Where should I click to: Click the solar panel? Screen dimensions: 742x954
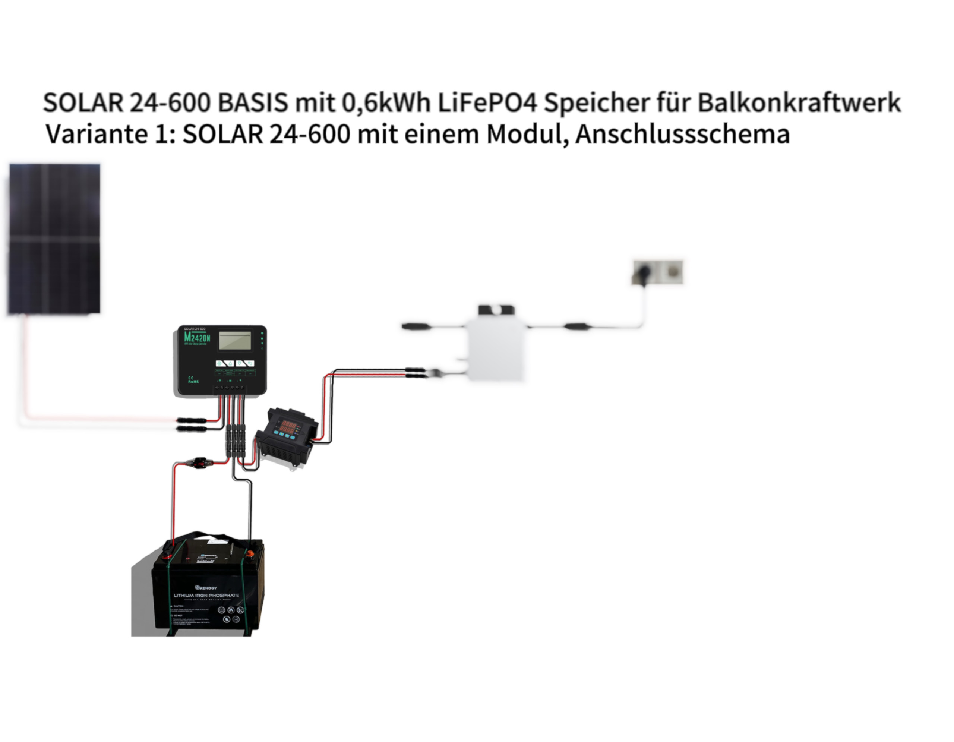pyautogui.click(x=54, y=239)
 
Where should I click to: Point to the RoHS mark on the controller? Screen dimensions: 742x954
pyautogui.click(x=193, y=381)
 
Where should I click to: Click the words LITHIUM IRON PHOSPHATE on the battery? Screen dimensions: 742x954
pyautogui.click(x=206, y=595)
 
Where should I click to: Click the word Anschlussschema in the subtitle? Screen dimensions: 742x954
pyautogui.click(x=682, y=135)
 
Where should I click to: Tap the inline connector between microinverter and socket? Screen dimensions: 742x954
pyautogui.click(x=577, y=326)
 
